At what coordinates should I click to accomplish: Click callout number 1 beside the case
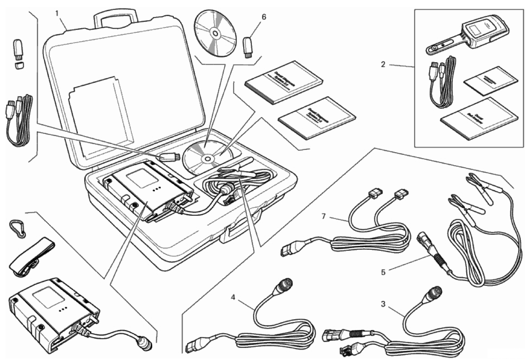coord(57,13)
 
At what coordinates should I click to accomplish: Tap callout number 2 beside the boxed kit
coord(383,64)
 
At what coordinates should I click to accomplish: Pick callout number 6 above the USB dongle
coord(264,17)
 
